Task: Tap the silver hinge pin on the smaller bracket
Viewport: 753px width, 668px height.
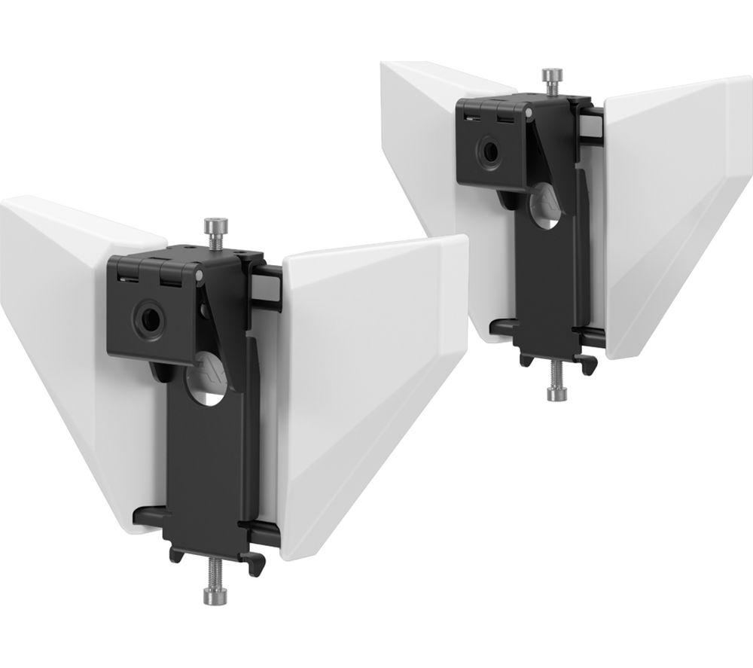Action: pyautogui.click(x=532, y=114)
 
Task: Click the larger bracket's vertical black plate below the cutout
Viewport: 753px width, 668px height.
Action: pyautogui.click(x=207, y=467)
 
